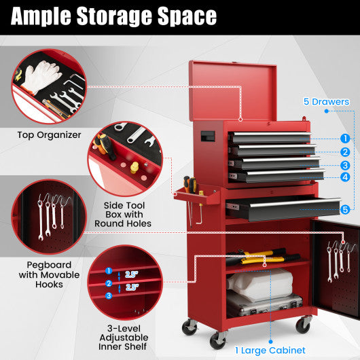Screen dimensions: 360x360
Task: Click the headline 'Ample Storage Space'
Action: pyautogui.click(x=114, y=16)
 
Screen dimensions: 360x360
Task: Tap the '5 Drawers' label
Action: pyautogui.click(x=327, y=102)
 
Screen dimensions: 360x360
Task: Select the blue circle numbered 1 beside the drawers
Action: pyautogui.click(x=345, y=138)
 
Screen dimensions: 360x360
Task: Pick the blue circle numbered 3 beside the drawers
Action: pyautogui.click(x=345, y=165)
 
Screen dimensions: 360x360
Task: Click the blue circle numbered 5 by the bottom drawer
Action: pyautogui.click(x=345, y=210)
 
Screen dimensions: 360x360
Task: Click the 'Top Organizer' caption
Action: pyautogui.click(x=49, y=134)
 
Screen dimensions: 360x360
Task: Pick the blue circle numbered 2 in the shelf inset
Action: pyautogui.click(x=109, y=283)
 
